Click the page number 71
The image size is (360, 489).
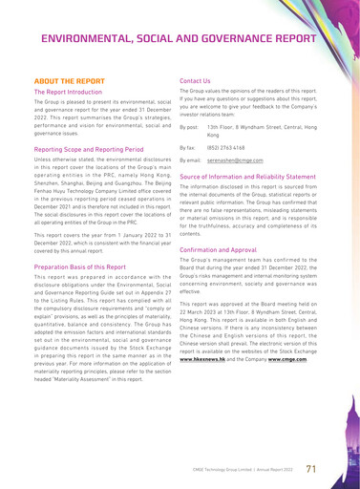[311, 468]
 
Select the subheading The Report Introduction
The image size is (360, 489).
[68, 94]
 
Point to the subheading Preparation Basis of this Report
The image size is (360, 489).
[82, 267]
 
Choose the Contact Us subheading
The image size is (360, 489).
[195, 82]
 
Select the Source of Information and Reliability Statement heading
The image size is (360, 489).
[251, 178]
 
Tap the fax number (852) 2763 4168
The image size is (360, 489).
[225, 148]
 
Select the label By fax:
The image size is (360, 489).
[188, 148]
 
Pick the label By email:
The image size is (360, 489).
[190, 161]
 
